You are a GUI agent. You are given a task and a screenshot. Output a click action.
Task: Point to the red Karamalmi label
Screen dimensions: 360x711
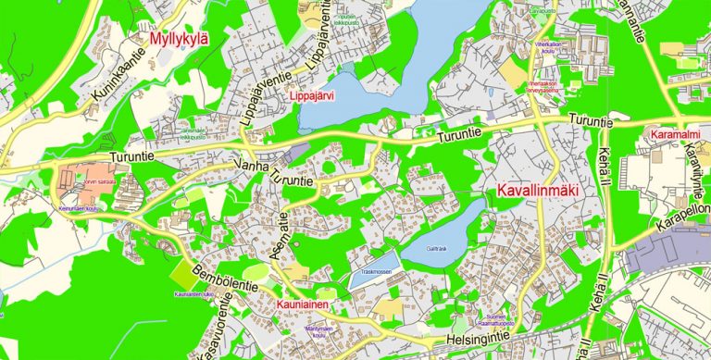click(673, 135)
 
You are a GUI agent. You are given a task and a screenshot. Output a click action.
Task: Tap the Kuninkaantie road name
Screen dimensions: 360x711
click(119, 77)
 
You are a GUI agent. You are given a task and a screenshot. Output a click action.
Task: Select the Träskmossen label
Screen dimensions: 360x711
click(377, 272)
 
